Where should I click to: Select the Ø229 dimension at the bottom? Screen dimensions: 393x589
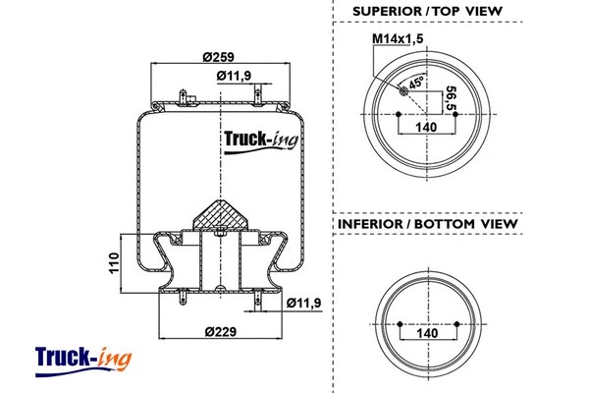coord(221,330)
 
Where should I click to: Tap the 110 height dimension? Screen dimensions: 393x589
coord(114,263)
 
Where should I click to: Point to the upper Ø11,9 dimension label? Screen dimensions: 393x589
coord(232,76)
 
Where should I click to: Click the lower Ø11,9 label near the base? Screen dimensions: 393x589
coord(305,303)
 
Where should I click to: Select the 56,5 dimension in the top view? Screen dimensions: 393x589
coord(451,98)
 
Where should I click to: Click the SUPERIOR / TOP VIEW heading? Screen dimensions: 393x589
coord(428,11)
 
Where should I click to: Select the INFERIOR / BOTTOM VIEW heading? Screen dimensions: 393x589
coord(428,224)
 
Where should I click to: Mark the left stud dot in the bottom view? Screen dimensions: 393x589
coord(400,321)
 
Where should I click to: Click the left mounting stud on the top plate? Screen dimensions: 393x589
coord(186,96)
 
